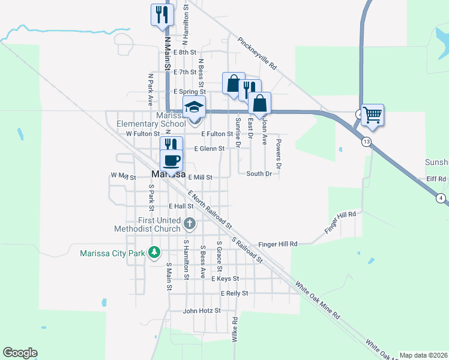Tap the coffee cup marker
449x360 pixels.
pos(172,160)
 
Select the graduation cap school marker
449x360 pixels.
pos(194,107)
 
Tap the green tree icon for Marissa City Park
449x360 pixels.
pos(155,253)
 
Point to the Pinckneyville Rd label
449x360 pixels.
pos(257,54)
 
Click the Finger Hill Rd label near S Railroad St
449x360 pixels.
pos(278,244)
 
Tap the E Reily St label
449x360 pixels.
pos(234,293)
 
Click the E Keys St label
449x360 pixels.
pos(225,279)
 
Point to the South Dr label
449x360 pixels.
pos(259,174)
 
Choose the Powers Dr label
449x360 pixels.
pos(279,153)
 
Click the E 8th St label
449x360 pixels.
pos(185,53)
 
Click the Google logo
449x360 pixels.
pos(20,353)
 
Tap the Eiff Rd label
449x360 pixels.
pos(436,179)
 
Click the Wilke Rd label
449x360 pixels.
pos(235,329)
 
